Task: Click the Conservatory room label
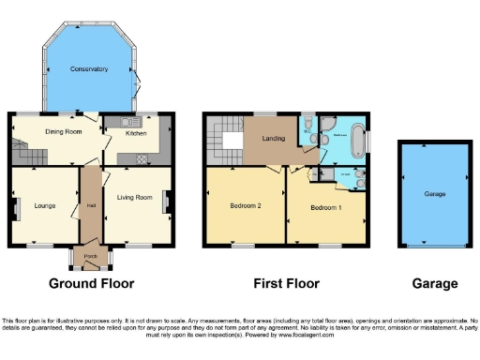pos(89,69)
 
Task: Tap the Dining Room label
pos(63,132)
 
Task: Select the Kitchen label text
pos(136,133)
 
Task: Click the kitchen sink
pos(128,120)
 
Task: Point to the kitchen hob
pos(142,157)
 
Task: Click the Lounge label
pos(45,205)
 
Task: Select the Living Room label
pos(134,198)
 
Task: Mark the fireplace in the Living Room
pos(168,201)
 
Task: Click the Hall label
pos(92,205)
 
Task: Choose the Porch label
pos(91,256)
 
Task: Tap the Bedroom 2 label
pos(245,204)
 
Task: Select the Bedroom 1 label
pos(326,206)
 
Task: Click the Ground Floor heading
pos(91,283)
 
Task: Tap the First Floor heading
pos(287,283)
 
